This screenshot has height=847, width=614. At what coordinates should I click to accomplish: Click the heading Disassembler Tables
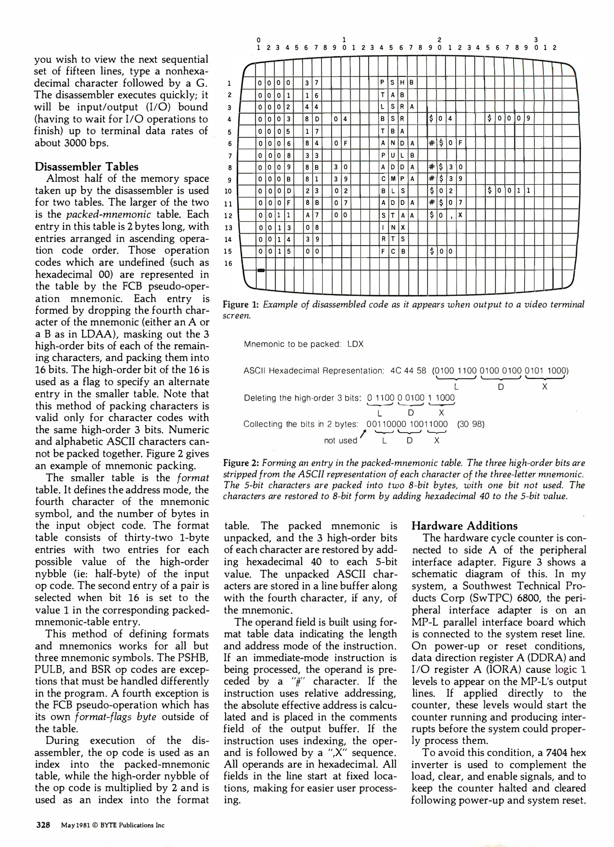[86, 167]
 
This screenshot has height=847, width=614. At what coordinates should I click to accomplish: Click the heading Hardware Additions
[464, 526]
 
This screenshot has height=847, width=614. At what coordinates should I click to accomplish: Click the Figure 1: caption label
[241, 305]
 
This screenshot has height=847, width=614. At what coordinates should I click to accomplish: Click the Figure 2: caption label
[241, 463]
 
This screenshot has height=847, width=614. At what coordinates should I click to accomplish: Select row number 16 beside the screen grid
[229, 263]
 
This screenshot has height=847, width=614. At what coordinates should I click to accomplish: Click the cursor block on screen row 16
[261, 270]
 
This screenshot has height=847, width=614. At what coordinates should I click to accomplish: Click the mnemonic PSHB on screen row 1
[397, 82]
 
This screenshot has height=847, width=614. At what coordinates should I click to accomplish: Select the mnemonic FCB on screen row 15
[392, 251]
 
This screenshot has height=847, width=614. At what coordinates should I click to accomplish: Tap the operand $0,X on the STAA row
[446, 215]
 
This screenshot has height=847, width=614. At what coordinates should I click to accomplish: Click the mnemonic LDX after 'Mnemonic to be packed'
[356, 344]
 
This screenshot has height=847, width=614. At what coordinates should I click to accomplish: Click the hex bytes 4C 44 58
[408, 371]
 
